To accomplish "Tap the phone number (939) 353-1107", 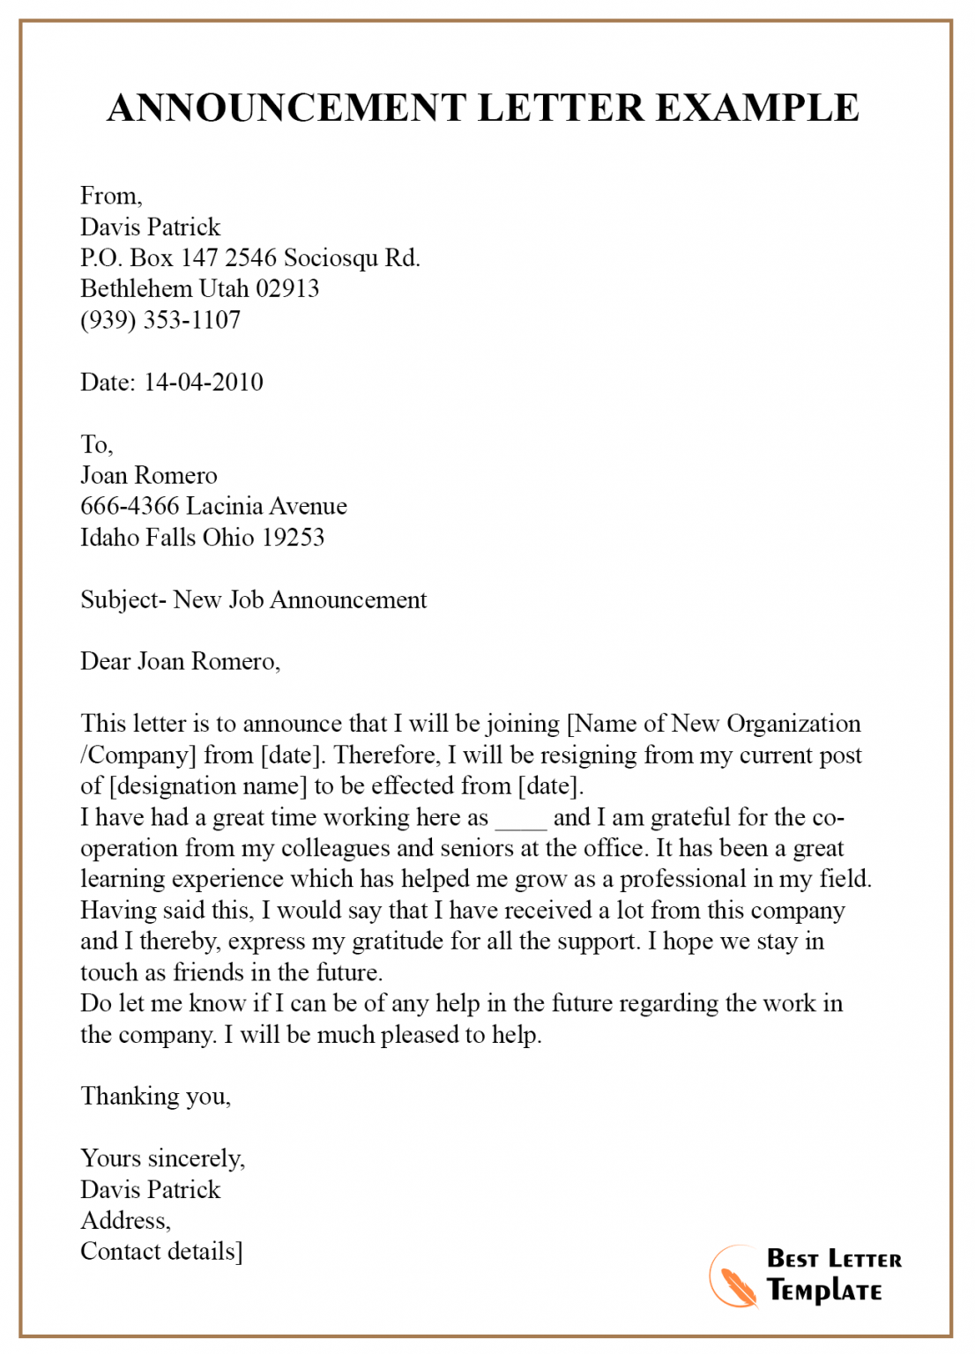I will pos(160,320).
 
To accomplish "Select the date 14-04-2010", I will pos(204,382).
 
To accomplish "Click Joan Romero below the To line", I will pos(148,475).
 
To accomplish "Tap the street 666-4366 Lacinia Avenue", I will pos(213,506).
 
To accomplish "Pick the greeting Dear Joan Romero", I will pos(180,661).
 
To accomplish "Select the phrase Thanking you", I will pos(155,1096).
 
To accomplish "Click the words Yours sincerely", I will pos(162,1158).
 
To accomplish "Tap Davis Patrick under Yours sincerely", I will pos(150,1189).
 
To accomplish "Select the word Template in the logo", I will pos(824,1291).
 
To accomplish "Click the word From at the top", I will pos(109,196).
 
